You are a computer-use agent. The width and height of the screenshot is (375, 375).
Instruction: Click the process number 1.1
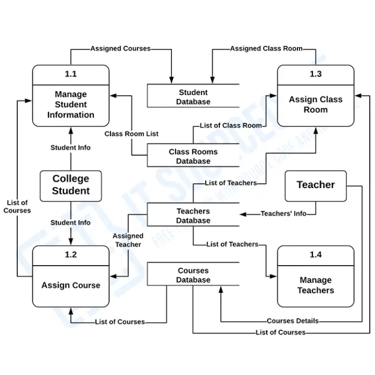tap(71, 74)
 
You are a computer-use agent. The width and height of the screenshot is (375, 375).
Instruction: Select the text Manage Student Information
tap(71, 105)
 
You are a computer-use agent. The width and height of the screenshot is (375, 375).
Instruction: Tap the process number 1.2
tap(71, 255)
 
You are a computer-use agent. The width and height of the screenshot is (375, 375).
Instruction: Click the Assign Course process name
tap(71, 285)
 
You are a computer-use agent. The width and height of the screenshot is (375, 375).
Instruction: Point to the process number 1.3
tap(316, 74)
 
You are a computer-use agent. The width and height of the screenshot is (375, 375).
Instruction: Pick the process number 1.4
tap(316, 255)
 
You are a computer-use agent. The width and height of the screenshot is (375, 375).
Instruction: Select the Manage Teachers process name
tap(316, 285)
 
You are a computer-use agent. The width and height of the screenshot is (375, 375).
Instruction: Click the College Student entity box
tap(71, 185)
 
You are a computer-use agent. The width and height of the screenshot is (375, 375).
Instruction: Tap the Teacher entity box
tap(316, 185)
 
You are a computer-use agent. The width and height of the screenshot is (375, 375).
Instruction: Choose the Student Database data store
tap(193, 97)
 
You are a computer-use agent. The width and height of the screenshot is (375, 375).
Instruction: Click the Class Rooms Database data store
tap(193, 156)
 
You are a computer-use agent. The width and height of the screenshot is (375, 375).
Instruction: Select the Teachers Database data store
tap(193, 216)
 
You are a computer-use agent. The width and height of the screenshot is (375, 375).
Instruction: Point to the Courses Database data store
tap(193, 275)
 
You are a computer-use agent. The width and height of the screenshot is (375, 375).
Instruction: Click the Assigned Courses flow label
tap(120, 48)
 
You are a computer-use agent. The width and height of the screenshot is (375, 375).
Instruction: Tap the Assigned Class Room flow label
tap(266, 48)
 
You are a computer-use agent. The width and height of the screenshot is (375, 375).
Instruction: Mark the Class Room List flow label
tap(131, 134)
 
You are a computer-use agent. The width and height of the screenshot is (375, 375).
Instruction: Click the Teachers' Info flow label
tap(283, 214)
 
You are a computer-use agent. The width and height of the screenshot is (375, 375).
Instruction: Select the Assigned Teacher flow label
tap(128, 240)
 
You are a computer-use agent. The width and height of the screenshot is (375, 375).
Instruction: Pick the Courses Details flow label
tap(293, 321)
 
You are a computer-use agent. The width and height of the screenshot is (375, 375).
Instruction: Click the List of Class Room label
tap(231, 126)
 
